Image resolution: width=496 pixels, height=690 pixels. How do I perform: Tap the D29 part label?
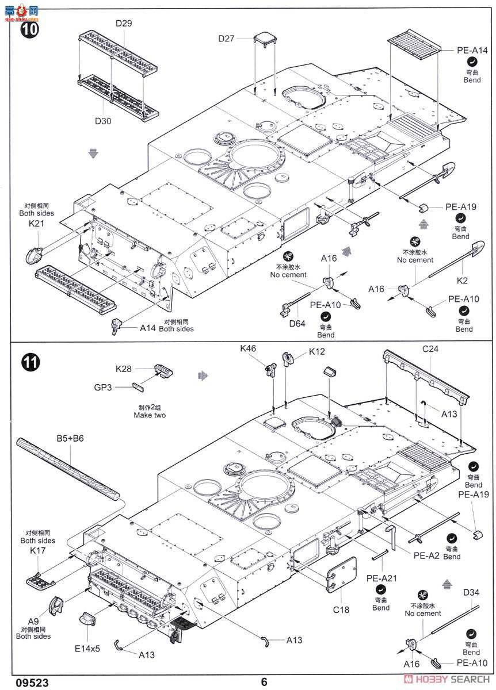pos(124,24)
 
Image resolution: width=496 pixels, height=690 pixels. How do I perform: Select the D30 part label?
pos(104,121)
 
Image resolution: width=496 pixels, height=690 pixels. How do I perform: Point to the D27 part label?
pos(227,39)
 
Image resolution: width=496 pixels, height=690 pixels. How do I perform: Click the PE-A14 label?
pos(472,51)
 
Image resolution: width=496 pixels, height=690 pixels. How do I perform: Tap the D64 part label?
pos(297,323)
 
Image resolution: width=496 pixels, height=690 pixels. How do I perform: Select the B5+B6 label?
pos(70,438)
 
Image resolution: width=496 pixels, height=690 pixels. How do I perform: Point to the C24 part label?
pos(431,348)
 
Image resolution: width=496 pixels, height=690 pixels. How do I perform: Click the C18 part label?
pos(340,609)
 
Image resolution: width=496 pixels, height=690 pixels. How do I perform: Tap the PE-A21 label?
pos(380,578)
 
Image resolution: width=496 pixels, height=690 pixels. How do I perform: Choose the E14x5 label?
pos(87,648)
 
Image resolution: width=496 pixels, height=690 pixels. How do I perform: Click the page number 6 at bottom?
pos(264,682)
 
